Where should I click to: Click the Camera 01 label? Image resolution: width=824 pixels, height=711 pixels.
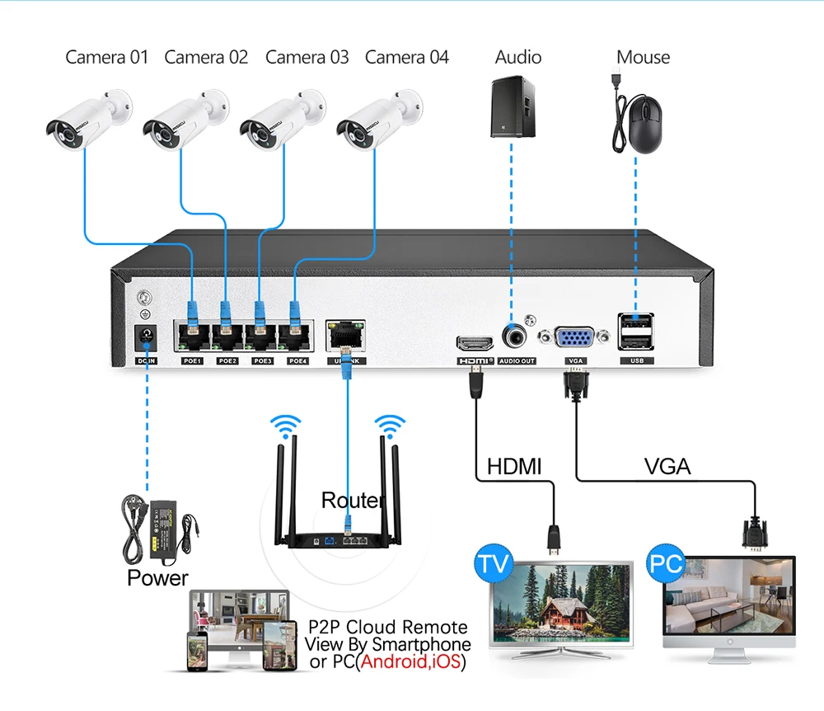pos(107,57)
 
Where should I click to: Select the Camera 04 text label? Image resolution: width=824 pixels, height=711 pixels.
pos(407,57)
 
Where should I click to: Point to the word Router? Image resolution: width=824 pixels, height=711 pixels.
pos(353,501)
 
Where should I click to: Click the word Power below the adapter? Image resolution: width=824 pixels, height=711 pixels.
pos(157,578)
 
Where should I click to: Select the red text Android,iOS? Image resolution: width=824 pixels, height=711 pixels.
pos(410,662)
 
